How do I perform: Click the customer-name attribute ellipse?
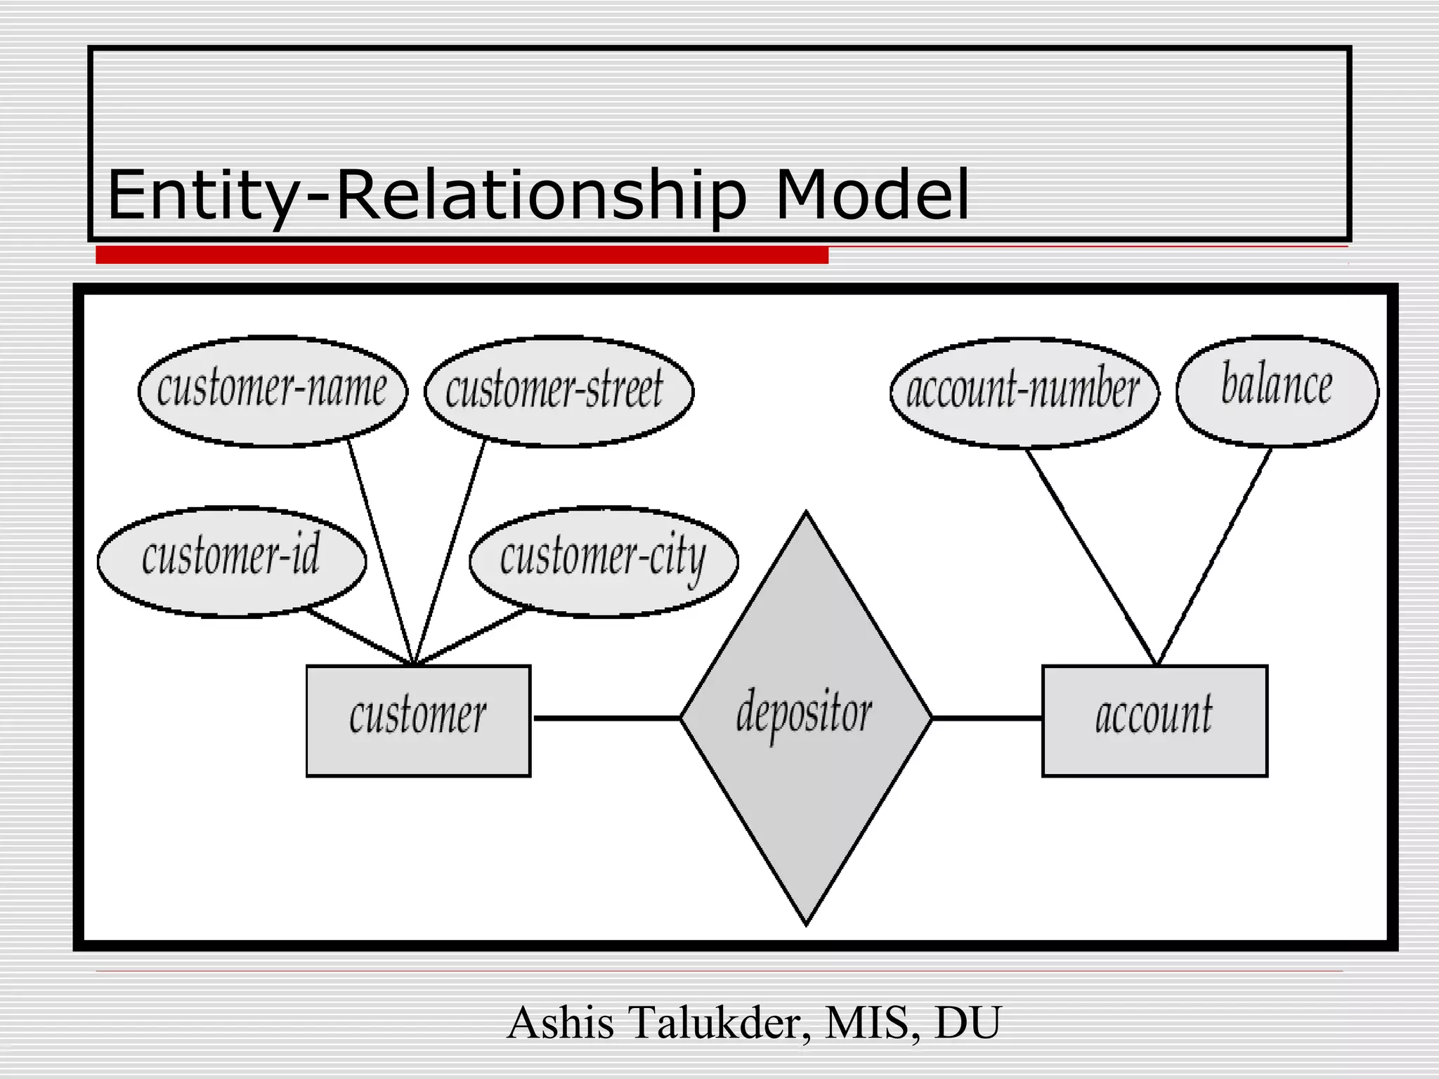(x=273, y=391)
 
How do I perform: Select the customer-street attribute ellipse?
(x=559, y=391)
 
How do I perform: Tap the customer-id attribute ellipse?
(x=232, y=561)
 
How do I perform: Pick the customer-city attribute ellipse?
(x=603, y=561)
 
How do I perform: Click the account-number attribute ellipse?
(x=1024, y=392)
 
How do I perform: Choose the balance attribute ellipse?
(x=1277, y=391)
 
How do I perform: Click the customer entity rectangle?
(x=418, y=720)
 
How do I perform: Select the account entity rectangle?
(x=1154, y=720)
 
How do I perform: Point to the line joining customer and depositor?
(x=606, y=718)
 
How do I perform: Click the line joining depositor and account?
(x=987, y=718)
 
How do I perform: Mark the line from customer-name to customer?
(x=379, y=551)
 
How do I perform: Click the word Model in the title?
(x=871, y=195)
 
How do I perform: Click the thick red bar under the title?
(x=462, y=255)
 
